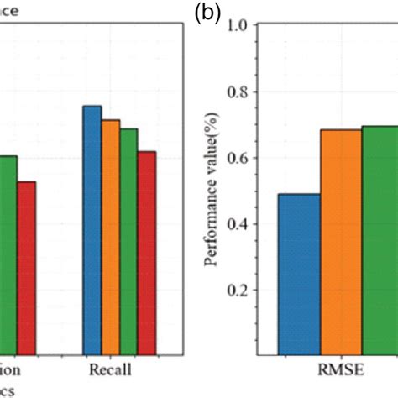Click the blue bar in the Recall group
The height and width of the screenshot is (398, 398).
[92, 231]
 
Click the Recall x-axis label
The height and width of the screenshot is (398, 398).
[111, 369]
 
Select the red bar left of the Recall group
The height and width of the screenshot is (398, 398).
[26, 269]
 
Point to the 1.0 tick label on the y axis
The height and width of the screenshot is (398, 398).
[238, 25]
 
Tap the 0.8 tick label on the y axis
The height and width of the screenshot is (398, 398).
[238, 92]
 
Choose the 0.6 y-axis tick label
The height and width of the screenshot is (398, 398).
[238, 158]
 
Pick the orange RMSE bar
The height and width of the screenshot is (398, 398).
[341, 243]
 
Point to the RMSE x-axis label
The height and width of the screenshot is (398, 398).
[341, 370]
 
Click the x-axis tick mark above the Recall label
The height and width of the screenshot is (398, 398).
[120, 353]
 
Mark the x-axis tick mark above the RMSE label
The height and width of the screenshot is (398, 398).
[341, 353]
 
